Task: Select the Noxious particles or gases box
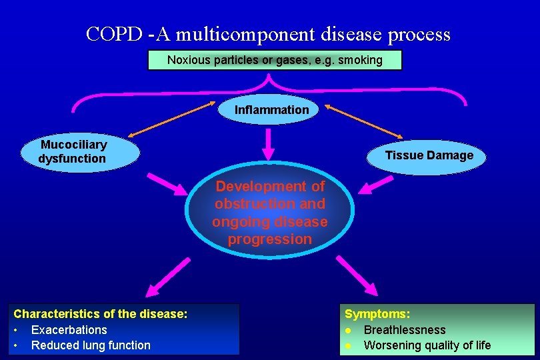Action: coord(275,60)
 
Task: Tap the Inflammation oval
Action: coord(271,109)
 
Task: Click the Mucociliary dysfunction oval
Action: coord(73,152)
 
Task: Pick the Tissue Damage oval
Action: coord(429,155)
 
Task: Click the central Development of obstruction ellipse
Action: coord(269,213)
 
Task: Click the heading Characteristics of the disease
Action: coord(100,313)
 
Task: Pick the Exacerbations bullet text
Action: coord(69,329)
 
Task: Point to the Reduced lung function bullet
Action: coord(91,345)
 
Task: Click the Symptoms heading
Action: coord(377,313)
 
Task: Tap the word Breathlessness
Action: coord(404,329)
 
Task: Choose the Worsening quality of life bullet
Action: coord(427,345)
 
